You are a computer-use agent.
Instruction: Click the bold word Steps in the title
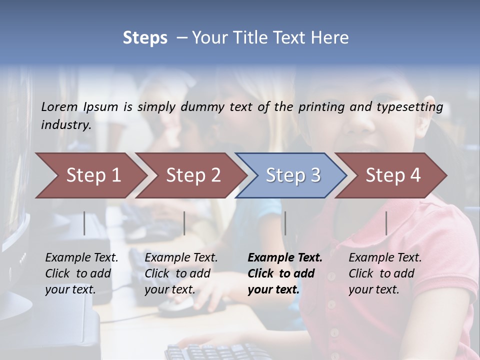[145, 38]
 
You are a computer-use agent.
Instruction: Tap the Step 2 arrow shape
[190, 175]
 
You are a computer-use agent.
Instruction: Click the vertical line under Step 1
[84, 223]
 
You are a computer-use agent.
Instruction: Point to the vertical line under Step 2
[184, 223]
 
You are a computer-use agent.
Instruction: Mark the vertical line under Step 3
[285, 223]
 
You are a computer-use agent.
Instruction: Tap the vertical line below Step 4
[386, 223]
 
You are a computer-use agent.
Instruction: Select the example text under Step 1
[81, 273]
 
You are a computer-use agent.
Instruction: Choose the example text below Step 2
[181, 273]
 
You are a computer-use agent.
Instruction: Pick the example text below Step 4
[385, 273]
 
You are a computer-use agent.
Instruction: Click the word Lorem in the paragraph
[59, 107]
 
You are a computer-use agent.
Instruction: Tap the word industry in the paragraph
[66, 124]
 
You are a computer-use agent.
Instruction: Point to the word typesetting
[413, 107]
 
